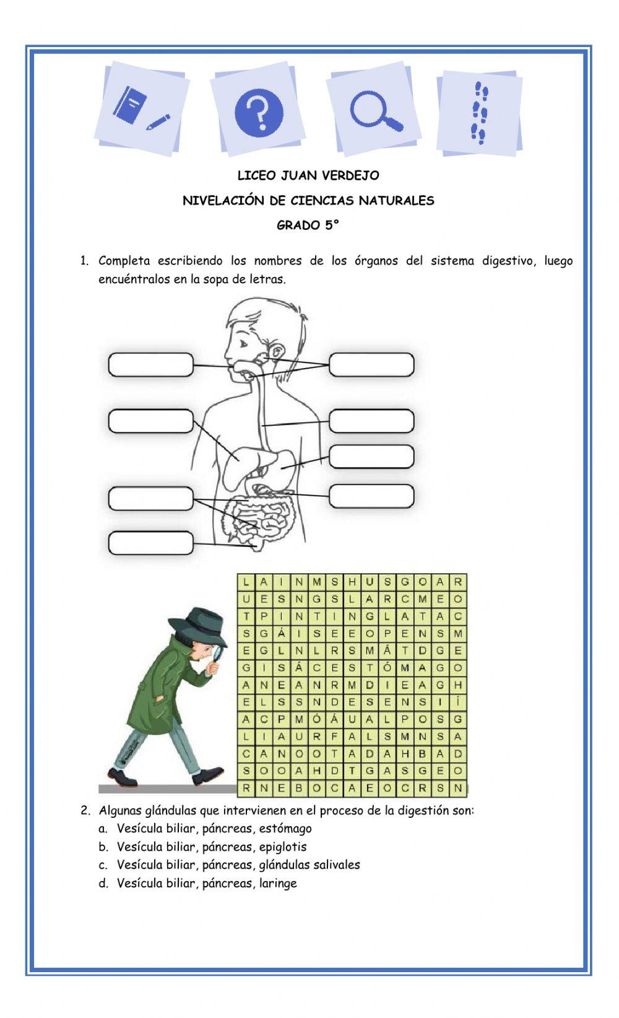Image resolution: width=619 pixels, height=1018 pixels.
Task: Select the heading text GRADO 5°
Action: (308, 226)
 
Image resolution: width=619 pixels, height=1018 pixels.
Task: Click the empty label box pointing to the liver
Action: (150, 421)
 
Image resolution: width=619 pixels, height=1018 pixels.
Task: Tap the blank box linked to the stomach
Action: (371, 457)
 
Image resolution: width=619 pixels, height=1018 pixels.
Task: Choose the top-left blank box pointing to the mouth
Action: (150, 364)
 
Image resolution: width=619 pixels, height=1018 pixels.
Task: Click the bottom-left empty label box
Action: (150, 543)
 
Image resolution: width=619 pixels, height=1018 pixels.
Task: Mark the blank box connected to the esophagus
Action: (371, 421)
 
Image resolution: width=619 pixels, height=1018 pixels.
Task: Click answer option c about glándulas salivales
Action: (238, 864)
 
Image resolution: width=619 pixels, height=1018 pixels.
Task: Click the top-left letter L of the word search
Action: (246, 582)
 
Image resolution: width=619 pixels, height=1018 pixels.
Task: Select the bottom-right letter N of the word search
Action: (458, 788)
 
